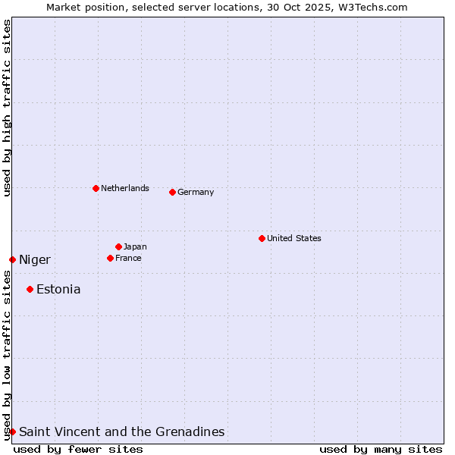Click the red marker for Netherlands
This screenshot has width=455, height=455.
(x=96, y=188)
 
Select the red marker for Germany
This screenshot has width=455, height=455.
(x=173, y=192)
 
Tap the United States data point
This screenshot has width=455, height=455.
(x=262, y=238)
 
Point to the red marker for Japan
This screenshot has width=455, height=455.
(x=118, y=246)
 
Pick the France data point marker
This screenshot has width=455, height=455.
(x=110, y=258)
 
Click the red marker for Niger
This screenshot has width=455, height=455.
(x=12, y=259)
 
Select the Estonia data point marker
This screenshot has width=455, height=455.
(x=30, y=289)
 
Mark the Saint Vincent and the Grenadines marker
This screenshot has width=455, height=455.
(x=12, y=431)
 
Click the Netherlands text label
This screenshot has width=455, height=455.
(x=125, y=188)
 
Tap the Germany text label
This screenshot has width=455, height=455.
(x=196, y=192)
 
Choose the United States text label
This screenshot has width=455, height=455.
(x=294, y=238)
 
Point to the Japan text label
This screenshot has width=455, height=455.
(x=135, y=246)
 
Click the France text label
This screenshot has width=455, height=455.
(x=128, y=258)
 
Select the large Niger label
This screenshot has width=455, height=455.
(x=35, y=260)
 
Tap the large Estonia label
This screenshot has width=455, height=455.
(x=58, y=289)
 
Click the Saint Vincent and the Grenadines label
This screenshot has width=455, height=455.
(x=121, y=431)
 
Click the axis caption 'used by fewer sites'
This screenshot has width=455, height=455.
(x=78, y=449)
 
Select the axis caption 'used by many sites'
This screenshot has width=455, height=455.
(x=381, y=449)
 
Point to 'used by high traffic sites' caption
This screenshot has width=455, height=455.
(x=7, y=108)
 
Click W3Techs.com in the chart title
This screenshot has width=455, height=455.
(x=372, y=7)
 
